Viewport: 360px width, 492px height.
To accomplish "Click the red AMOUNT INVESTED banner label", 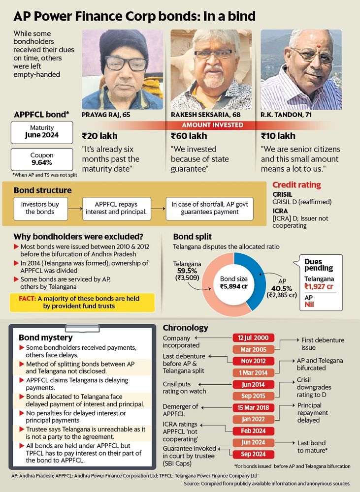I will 212,125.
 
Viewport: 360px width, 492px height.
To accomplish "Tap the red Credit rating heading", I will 296,185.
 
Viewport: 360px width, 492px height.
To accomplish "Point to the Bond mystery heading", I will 45,338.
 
